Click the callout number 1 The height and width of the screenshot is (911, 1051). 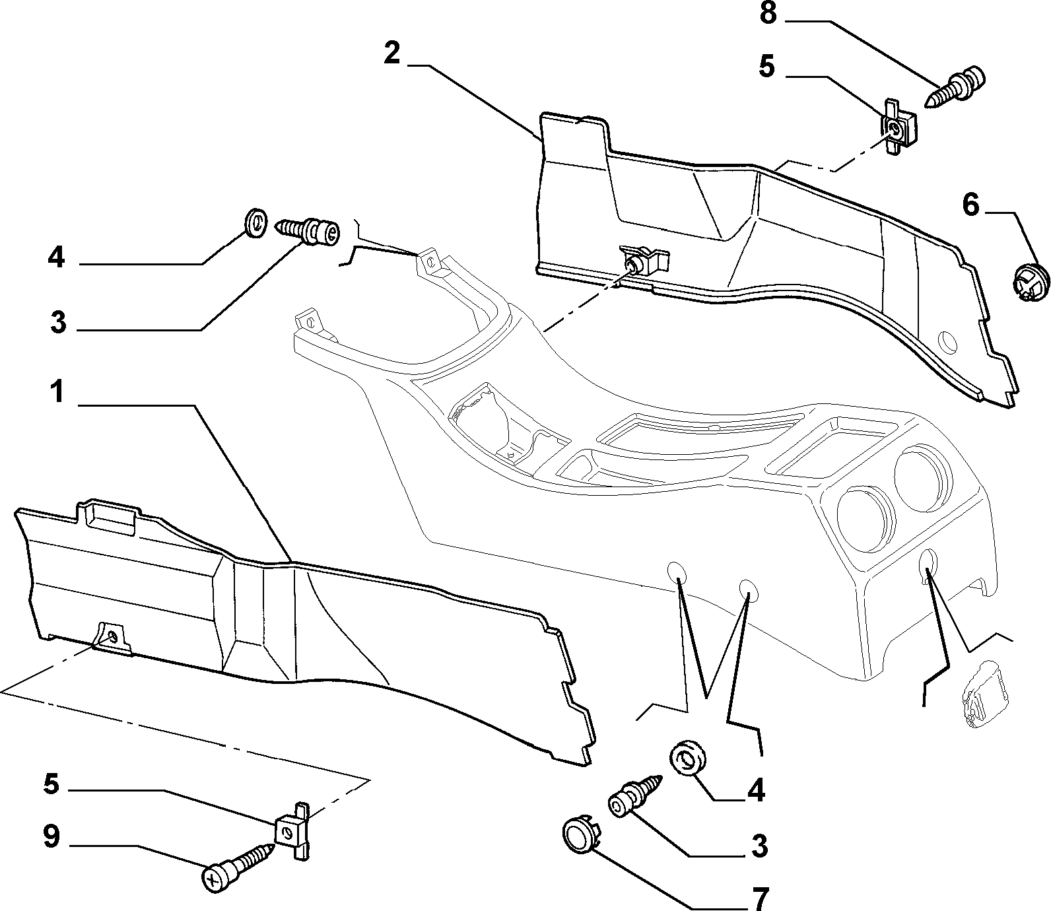point(58,392)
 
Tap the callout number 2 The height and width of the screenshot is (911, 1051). point(392,52)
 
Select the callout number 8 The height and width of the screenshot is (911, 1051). point(768,13)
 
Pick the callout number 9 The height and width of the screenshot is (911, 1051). point(51,837)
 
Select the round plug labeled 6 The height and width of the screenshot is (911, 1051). point(1031,282)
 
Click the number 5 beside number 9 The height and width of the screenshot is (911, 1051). point(51,784)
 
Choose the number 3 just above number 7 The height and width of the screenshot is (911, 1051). point(759,846)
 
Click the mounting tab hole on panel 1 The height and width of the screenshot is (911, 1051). point(113,637)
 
